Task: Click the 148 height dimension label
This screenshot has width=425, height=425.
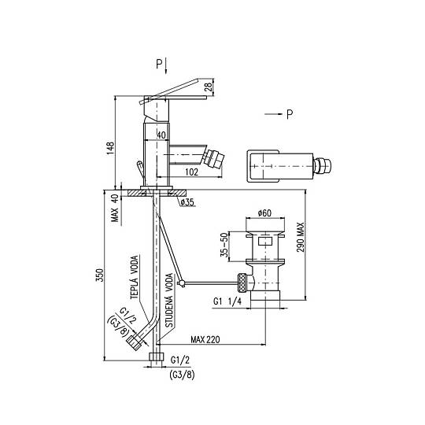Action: tap(110, 149)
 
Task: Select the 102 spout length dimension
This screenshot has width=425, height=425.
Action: tap(191, 172)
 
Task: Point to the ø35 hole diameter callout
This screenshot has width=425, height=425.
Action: tap(187, 202)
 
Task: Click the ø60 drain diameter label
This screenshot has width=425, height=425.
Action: tap(264, 213)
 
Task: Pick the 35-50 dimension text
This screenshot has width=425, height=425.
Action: tap(224, 245)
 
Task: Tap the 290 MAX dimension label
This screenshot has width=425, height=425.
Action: tap(301, 238)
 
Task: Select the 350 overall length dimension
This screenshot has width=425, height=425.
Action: tap(99, 275)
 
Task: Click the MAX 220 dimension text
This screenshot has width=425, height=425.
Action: tap(205, 340)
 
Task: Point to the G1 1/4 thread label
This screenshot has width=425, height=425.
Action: tap(227, 301)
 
